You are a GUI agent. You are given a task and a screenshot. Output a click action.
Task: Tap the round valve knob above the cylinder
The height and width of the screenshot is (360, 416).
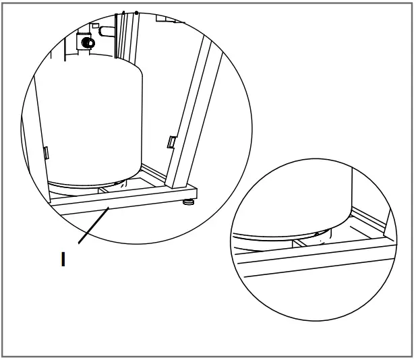86,41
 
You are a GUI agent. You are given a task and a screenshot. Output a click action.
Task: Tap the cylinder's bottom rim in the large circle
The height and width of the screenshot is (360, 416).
94,183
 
